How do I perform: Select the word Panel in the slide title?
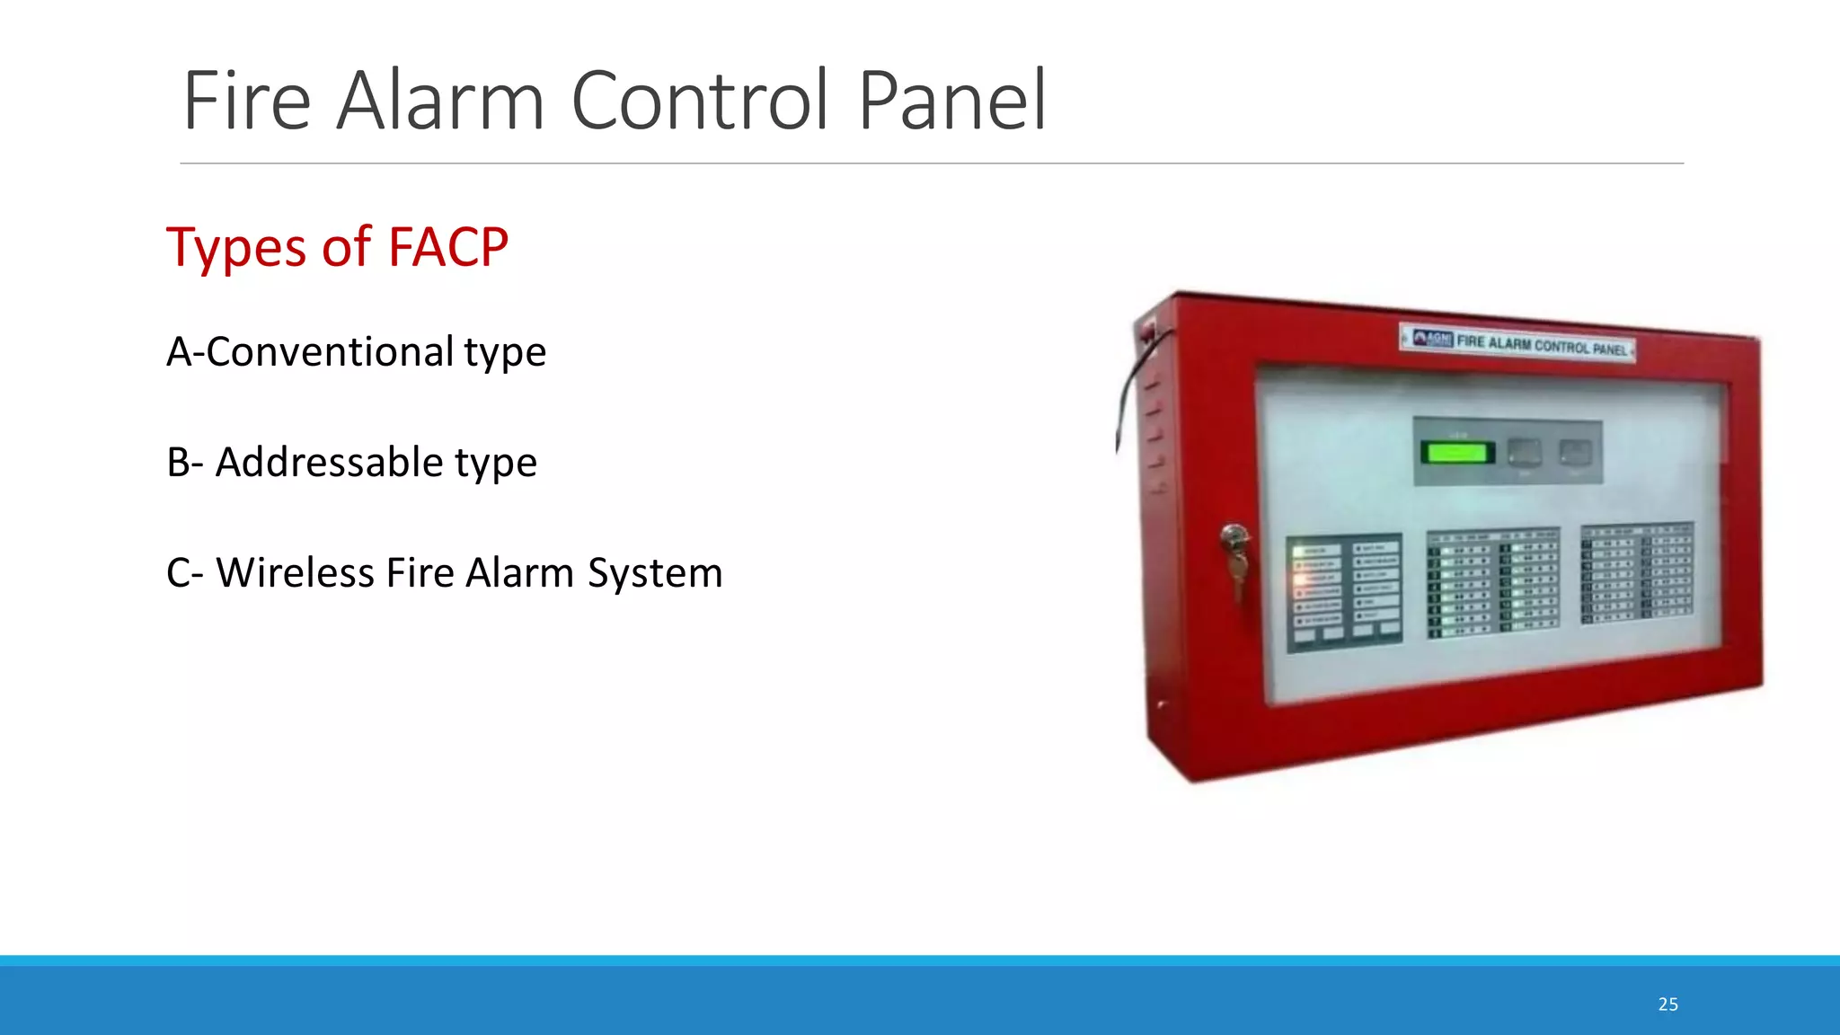coord(952,101)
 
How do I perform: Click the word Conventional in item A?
coord(330,351)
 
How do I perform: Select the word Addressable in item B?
coord(330,462)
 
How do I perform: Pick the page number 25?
coord(1667,1004)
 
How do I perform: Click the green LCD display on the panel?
coord(1456,452)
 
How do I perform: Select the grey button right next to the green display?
coord(1524,452)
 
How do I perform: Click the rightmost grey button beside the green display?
coord(1574,452)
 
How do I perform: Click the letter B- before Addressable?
coord(184,462)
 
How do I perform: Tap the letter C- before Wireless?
coord(184,572)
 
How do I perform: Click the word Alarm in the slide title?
coord(440,101)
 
